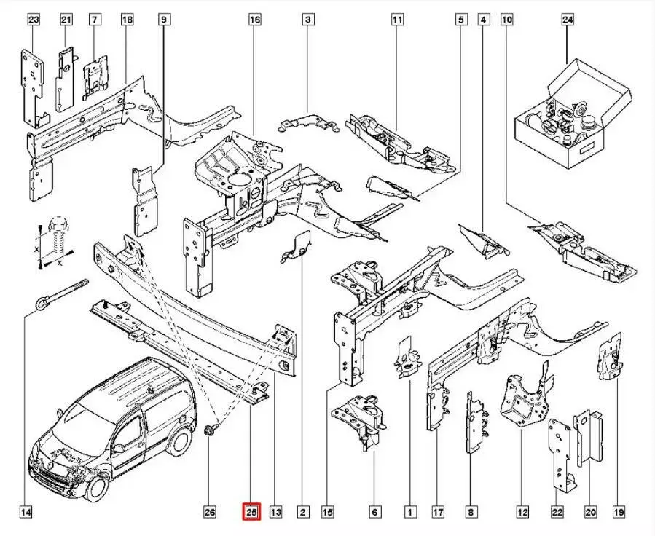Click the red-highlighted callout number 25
tap(251, 513)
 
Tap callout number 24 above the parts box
tap(568, 20)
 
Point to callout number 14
tap(26, 513)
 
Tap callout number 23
tap(33, 20)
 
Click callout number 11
tap(397, 20)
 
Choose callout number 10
tap(507, 20)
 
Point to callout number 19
tap(620, 513)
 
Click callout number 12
tap(522, 513)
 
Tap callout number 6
tap(374, 513)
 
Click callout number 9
tap(164, 20)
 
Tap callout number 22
tap(558, 513)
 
